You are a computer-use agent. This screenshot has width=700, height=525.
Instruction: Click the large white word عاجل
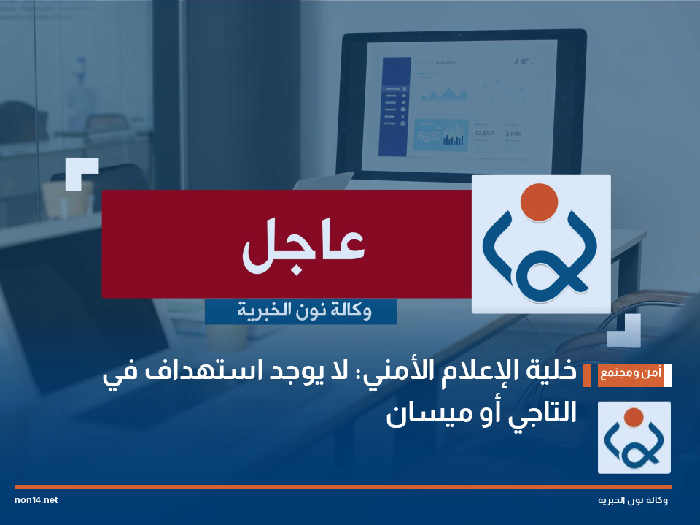(x=303, y=245)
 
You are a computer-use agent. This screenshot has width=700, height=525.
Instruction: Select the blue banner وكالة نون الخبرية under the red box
(x=300, y=312)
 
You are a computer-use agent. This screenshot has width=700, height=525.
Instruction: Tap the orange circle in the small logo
(x=633, y=417)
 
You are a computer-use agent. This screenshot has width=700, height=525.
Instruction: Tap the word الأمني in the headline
(x=394, y=373)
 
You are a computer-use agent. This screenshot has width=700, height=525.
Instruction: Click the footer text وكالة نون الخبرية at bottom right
(x=632, y=501)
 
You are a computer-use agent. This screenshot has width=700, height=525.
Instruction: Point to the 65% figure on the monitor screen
(x=427, y=136)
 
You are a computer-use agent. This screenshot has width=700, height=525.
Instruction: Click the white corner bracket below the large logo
(x=626, y=332)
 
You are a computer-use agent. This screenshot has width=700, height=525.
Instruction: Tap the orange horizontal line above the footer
(x=343, y=486)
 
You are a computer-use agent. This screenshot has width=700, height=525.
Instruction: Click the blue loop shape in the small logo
(x=633, y=445)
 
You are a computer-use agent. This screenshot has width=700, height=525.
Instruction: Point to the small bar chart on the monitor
(x=454, y=138)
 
